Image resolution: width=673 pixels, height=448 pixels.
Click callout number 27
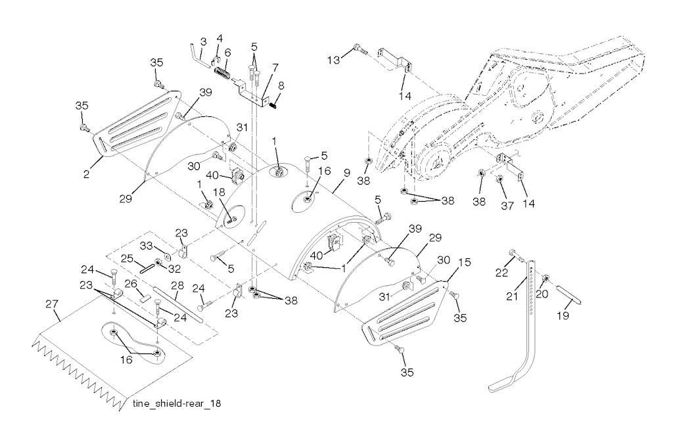(x=52, y=303)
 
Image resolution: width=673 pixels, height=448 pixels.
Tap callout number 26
(x=129, y=284)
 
